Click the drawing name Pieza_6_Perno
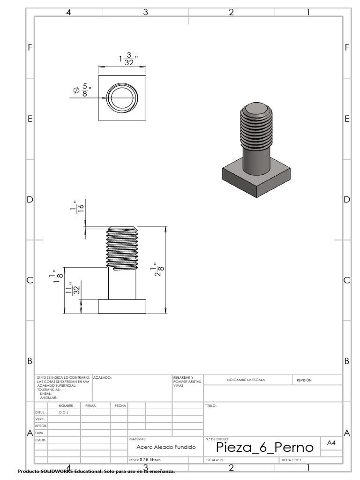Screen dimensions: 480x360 tap(264, 447)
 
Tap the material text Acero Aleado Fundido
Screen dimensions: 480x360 tap(165, 447)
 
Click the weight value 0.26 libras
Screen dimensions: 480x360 tap(150, 460)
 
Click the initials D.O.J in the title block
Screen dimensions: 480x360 tap(63, 412)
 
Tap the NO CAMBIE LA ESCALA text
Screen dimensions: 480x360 tap(246, 380)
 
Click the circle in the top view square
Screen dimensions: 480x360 tap(122, 98)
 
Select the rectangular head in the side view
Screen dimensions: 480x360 tap(122, 307)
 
